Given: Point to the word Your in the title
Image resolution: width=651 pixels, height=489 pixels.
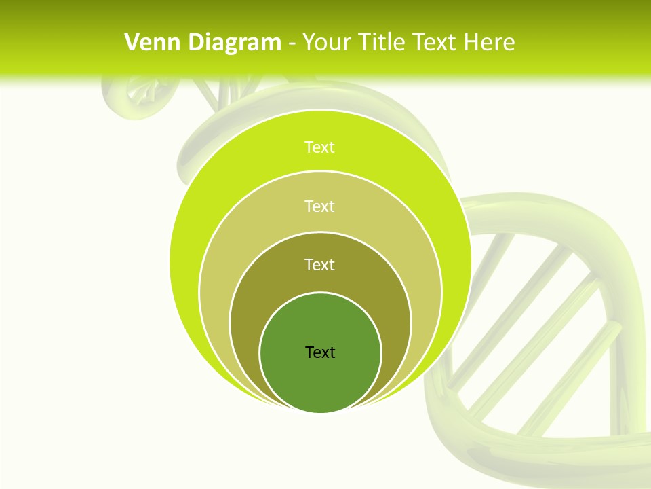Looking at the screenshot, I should (x=322, y=43).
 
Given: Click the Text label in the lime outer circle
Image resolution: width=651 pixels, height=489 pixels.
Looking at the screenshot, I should (x=320, y=147).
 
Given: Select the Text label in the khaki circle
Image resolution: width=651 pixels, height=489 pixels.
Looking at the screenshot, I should (x=320, y=206).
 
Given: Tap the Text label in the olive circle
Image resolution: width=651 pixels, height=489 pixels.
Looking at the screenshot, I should (x=320, y=264).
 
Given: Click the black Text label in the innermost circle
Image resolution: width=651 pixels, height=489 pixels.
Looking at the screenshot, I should (x=320, y=352).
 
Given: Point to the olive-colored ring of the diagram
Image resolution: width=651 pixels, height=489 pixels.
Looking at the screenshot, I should (x=251, y=319).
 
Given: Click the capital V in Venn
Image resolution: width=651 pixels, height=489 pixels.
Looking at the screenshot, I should (x=132, y=43).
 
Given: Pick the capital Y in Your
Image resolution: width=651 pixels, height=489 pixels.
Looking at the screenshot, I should (x=307, y=43).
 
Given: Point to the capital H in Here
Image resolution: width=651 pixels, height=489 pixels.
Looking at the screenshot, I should (x=471, y=43).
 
